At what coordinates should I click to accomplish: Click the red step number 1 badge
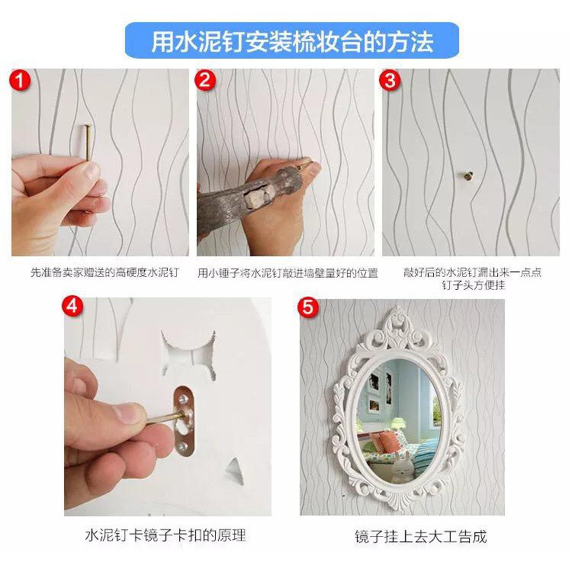20,80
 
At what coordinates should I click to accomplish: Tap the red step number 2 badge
204,80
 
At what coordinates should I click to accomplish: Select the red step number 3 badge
390,80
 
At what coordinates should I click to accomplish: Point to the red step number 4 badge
72,306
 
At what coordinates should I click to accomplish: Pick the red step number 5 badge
308,307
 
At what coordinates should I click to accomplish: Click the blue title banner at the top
292,40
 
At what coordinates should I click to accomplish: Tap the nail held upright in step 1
88,143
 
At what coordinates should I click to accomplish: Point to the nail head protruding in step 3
468,176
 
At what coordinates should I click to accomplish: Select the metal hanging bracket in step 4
184,421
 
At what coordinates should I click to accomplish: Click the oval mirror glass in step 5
400,419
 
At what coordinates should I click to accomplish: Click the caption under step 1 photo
105,272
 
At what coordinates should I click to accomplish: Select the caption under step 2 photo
288,273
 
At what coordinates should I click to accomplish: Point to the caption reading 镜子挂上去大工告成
420,537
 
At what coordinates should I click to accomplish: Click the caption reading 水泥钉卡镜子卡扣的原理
165,535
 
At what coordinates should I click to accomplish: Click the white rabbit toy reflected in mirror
402,466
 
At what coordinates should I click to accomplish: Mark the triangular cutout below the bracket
236,471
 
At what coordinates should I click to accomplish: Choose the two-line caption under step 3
473,278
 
